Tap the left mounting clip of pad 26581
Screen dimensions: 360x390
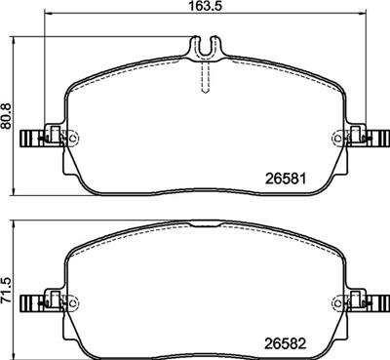(42, 138)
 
